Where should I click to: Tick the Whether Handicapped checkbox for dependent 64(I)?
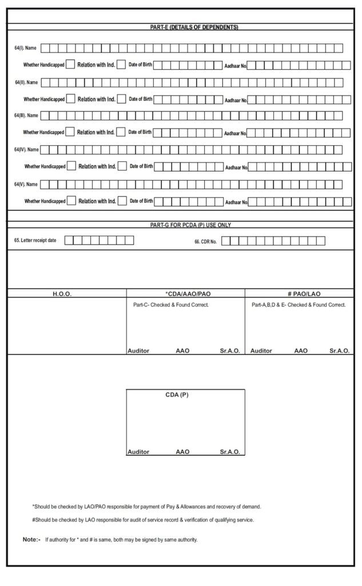pos(70,65)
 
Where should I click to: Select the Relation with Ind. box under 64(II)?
pos(120,99)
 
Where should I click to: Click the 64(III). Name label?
pos(26,116)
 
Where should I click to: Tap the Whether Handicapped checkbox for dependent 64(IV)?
pos(71,167)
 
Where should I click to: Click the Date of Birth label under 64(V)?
pos(141,201)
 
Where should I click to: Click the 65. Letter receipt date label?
pos(35,240)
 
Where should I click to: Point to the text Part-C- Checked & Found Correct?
pos(170,305)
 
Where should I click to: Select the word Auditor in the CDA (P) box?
pos(138,452)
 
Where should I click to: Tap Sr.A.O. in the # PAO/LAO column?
pos(339,351)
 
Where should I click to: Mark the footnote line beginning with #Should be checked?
pos(143,520)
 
